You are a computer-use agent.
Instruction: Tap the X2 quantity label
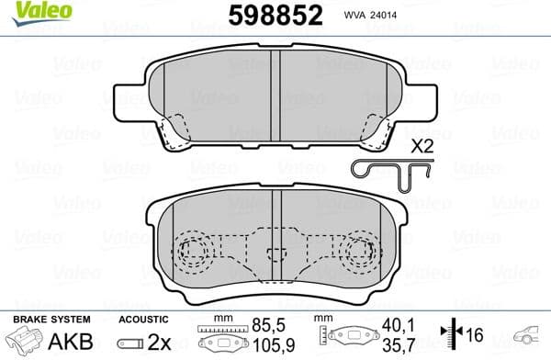coord(423,146)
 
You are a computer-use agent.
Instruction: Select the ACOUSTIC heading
coord(143,318)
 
